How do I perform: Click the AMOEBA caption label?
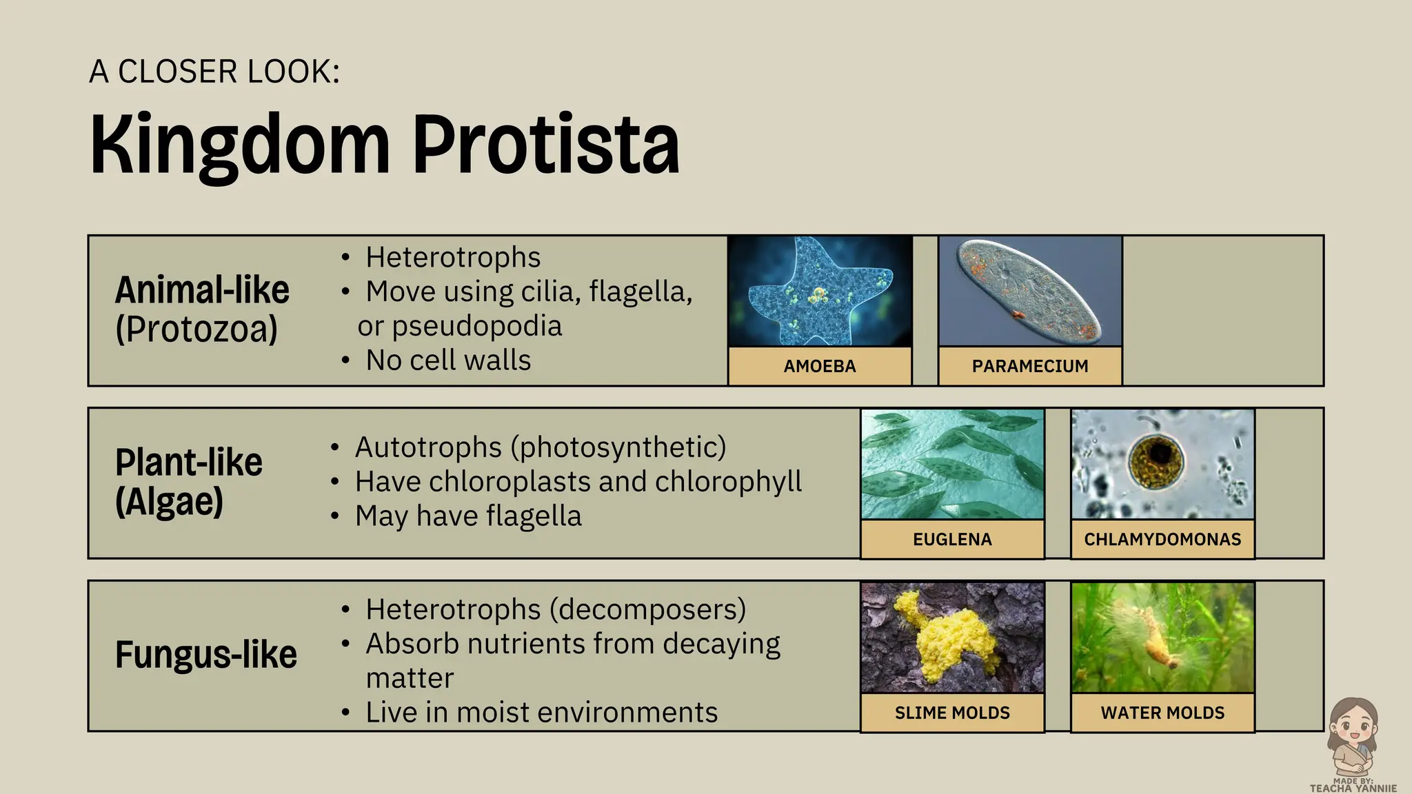pos(820,366)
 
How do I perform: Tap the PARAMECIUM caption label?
pos(1030,366)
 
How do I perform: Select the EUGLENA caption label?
pos(952,539)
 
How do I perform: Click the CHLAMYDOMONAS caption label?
pos(1162,539)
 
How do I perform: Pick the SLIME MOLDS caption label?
pos(952,713)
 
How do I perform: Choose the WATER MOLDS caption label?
pos(1162,713)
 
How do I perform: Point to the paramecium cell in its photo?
pos(1027,289)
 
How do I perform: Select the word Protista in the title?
pos(546,145)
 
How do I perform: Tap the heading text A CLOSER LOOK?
pos(214,72)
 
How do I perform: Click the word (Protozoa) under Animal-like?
pos(196,329)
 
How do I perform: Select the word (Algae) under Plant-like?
pos(170,501)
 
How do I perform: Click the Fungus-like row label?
pos(205,654)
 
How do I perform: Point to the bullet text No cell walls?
pos(448,360)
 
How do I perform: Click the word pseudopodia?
pos(477,326)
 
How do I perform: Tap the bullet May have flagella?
pos(468,516)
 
